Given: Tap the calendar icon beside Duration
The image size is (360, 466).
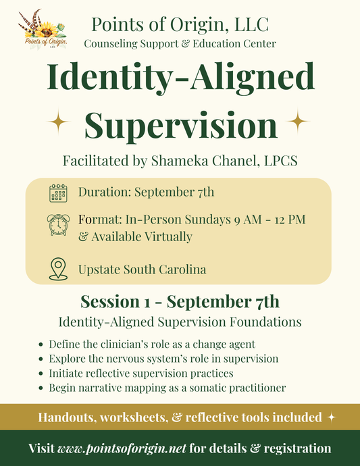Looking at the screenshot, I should [x=59, y=192].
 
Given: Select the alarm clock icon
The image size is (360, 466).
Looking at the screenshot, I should [x=59, y=224].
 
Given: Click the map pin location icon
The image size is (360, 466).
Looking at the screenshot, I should [x=59, y=269].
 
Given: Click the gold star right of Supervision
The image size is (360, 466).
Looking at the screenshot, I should [x=299, y=122].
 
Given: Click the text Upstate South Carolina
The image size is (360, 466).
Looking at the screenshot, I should [x=142, y=269].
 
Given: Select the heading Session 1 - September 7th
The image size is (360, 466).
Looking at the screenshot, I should [x=180, y=301].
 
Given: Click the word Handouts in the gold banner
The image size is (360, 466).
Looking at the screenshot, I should [x=69, y=417].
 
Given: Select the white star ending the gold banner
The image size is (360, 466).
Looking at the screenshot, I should [x=331, y=417].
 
